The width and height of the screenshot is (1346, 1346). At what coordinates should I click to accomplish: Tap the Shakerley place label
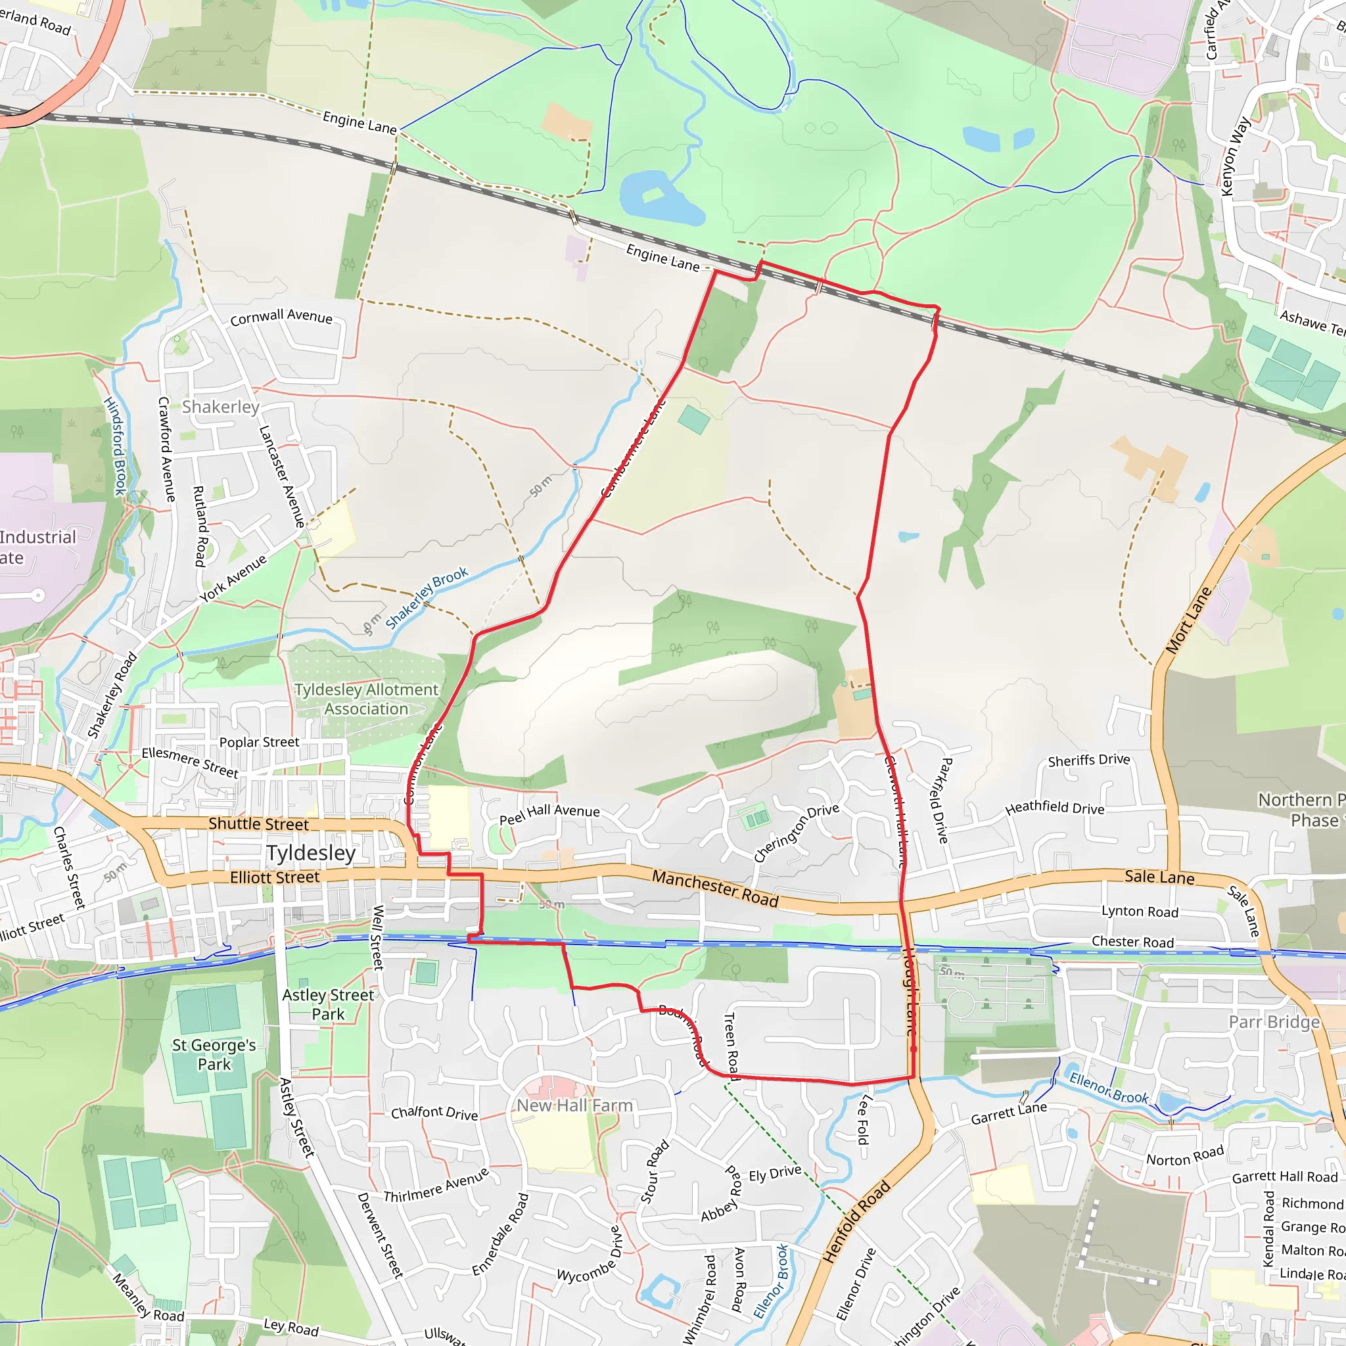pos(220,407)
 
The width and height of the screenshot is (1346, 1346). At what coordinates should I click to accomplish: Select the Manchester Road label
pos(715,889)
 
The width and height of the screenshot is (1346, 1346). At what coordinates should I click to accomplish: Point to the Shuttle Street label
pos(258,824)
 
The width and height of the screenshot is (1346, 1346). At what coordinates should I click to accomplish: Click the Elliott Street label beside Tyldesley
pos(275,877)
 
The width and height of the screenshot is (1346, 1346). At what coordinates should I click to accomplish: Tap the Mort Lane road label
pos(1188,620)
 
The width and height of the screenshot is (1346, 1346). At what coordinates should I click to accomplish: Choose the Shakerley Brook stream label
pos(427,598)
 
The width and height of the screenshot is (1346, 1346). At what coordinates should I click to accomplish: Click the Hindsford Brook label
pos(115,446)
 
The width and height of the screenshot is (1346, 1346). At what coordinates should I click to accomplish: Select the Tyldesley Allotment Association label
pos(367,699)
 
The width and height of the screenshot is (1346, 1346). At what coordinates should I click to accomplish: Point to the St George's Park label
pos(214,1054)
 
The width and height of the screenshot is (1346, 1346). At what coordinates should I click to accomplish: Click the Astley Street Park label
pos(328,1004)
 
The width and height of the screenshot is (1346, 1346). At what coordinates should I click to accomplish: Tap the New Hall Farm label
pos(575,1105)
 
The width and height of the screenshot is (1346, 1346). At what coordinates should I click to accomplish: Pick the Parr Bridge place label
pos(1274,1021)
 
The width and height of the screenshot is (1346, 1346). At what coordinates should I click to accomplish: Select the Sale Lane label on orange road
pos(1159,877)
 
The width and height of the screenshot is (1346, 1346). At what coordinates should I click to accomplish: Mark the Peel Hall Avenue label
pos(549,814)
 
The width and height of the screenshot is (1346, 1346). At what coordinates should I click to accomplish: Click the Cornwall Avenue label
pos(281,317)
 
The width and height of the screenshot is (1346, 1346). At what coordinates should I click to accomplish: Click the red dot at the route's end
pos(914,1048)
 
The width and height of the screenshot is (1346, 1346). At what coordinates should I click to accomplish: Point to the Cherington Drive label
pos(797,833)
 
